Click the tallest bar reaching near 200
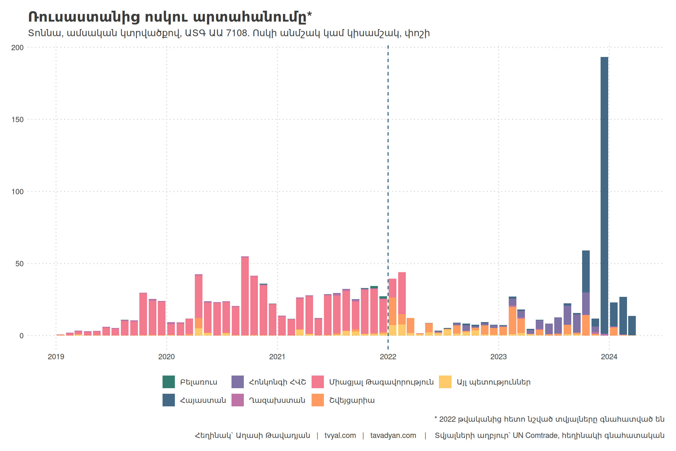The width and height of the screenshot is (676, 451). [604, 194]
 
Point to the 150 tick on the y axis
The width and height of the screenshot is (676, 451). [17, 120]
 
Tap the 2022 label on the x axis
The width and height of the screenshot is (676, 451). [388, 357]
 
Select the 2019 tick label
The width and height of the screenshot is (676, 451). [56, 357]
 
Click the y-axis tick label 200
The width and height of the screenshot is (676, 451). [17, 48]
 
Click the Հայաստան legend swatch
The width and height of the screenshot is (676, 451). [169, 400]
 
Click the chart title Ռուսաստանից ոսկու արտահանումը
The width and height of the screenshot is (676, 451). [170, 17]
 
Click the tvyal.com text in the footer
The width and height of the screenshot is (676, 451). [340, 435]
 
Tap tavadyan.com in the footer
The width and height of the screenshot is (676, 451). [393, 435]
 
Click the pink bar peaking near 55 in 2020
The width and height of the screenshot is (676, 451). [245, 294]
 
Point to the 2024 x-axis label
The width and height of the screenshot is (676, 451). [609, 357]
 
